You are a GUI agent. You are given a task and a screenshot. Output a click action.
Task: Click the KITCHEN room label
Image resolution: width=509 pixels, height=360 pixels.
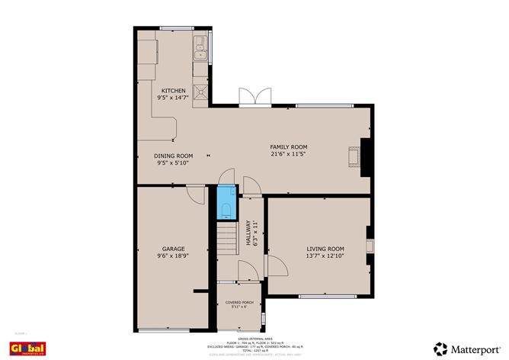(172, 90)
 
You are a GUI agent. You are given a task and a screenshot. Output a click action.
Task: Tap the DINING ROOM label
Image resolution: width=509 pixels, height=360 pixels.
(174, 156)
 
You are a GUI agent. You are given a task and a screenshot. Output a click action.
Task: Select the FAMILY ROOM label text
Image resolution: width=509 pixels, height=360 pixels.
(289, 146)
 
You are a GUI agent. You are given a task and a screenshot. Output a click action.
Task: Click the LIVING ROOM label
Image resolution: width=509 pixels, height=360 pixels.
(325, 249)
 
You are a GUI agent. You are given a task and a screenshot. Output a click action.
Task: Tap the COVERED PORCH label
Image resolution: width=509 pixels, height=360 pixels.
(238, 303)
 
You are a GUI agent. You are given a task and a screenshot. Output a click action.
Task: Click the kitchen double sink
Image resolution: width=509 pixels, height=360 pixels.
(200, 49)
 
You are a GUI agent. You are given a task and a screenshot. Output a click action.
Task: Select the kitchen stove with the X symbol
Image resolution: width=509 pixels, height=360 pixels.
(201, 92)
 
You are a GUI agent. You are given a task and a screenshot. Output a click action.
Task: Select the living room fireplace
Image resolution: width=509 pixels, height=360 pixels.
(369, 246)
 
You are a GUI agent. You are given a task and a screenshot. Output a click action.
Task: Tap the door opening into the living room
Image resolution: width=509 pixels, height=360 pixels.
(276, 265)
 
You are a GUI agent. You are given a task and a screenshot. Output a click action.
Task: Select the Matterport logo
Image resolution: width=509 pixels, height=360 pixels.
(467, 348)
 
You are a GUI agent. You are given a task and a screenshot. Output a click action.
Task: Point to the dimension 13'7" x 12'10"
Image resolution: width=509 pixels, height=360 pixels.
(325, 256)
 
